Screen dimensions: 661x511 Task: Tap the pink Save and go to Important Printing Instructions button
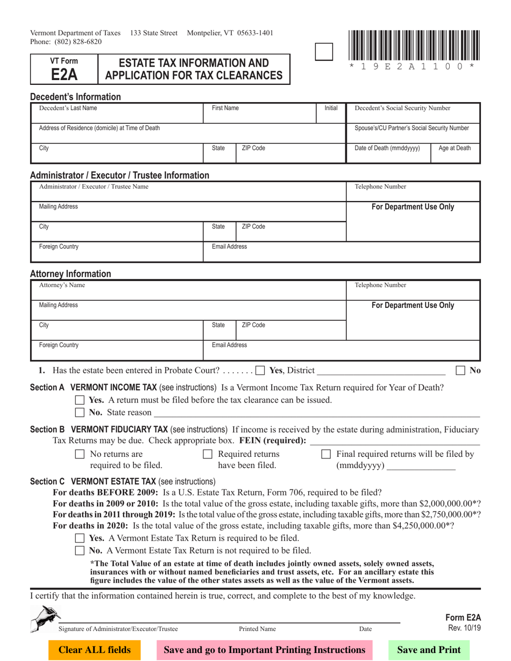coord(265,650)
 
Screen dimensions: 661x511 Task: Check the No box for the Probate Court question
coord(460,370)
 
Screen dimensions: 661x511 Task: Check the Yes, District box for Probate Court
coord(260,370)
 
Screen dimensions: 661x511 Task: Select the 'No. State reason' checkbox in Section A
coord(80,412)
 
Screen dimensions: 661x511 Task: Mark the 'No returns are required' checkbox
coord(80,455)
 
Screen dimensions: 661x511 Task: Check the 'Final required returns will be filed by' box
coord(325,455)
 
